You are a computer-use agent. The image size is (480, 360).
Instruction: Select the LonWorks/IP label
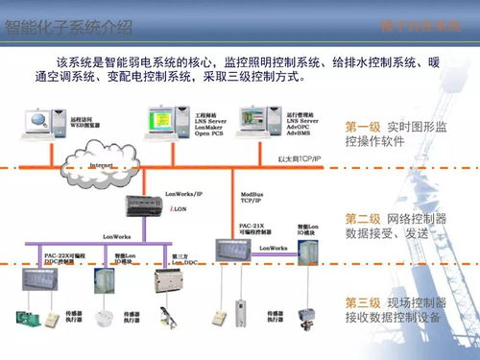[x=185, y=193]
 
